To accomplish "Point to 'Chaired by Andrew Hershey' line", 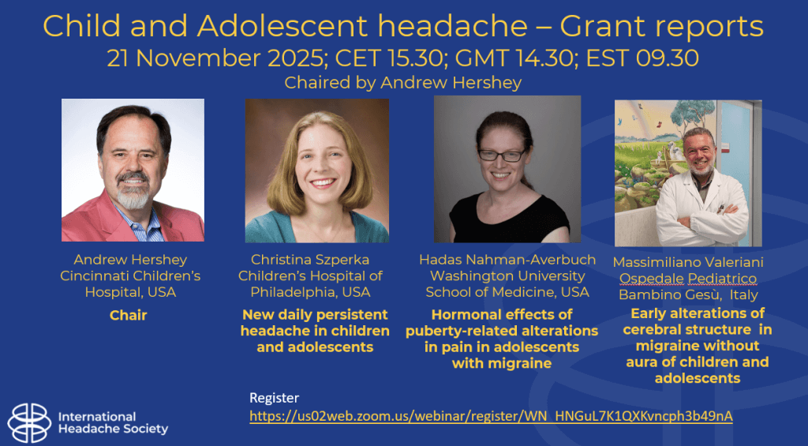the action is click(x=403, y=83).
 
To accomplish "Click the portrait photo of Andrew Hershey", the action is click(x=133, y=171).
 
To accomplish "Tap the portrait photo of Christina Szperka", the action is click(x=317, y=171).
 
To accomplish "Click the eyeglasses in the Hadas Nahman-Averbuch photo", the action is click(x=501, y=155).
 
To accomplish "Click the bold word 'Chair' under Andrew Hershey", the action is click(x=129, y=315).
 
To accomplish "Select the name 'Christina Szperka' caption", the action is click(x=310, y=260).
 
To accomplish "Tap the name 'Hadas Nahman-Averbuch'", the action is click(x=507, y=260).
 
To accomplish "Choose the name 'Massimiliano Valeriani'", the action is click(x=688, y=262).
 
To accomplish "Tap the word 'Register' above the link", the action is click(x=274, y=398).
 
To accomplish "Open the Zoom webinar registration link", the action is click(x=491, y=416).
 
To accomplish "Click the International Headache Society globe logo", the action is click(x=29, y=423).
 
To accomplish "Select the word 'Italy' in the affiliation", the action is click(x=743, y=295).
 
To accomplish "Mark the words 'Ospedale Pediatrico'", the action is click(x=688, y=279).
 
